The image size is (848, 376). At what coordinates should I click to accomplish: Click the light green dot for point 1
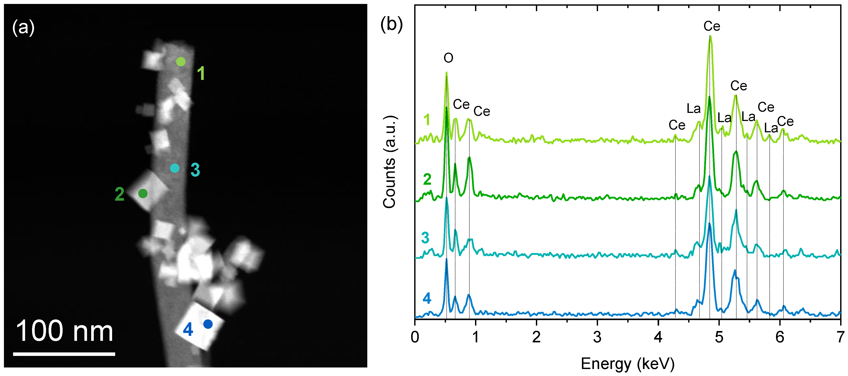[x=181, y=61]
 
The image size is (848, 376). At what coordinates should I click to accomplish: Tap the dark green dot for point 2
[x=143, y=193]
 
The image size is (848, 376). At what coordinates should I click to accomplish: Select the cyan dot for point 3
[x=174, y=168]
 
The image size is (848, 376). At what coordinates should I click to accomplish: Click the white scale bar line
[x=64, y=354]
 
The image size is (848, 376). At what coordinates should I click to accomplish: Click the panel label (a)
[x=23, y=27]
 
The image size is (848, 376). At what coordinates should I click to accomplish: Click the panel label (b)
[x=391, y=24]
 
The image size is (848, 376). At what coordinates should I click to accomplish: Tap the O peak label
[x=448, y=58]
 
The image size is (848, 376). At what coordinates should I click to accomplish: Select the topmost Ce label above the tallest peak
[x=712, y=26]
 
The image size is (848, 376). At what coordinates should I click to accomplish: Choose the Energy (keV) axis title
[x=627, y=364]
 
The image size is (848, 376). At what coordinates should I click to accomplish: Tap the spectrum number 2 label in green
[x=427, y=179]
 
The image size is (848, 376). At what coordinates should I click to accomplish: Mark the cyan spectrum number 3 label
[x=425, y=238]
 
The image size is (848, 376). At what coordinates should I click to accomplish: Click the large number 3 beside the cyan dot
[x=195, y=170]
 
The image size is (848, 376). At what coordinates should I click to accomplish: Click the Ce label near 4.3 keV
[x=677, y=125]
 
